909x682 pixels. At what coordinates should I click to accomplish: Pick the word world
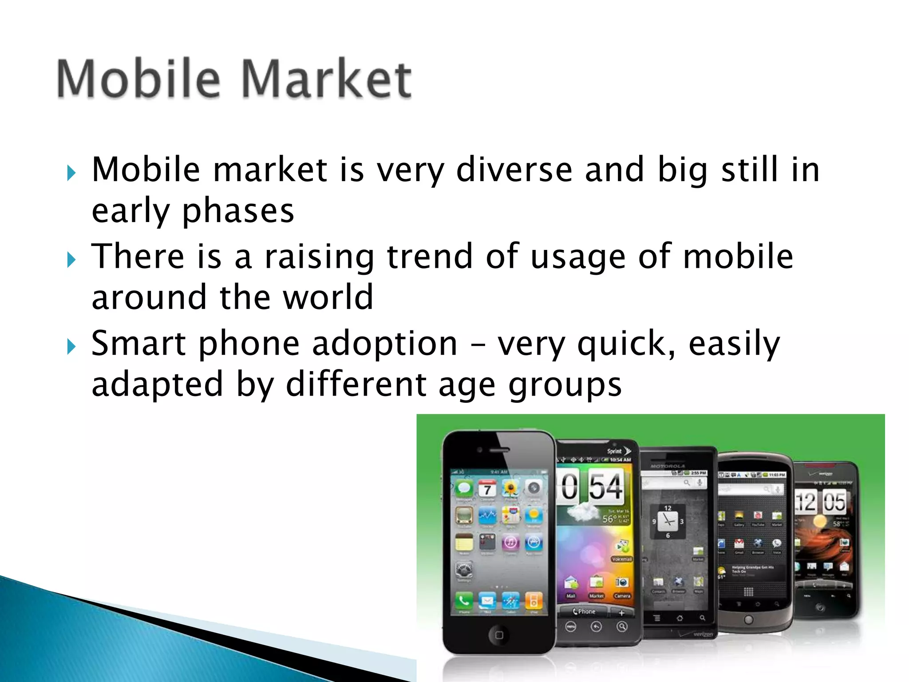328,297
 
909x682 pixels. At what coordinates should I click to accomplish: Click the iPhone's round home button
498,635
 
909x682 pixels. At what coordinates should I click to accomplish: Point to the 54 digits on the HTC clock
605,487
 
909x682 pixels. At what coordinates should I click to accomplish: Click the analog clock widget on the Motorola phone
667,521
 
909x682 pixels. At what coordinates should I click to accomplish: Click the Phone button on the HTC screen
584,611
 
